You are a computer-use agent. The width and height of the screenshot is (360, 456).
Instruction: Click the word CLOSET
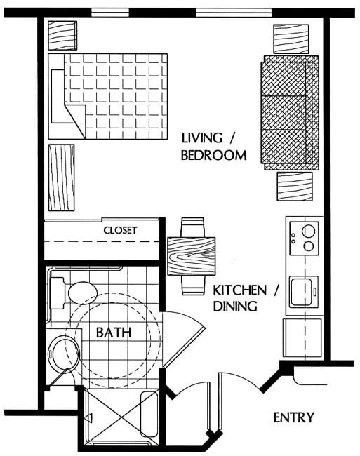pos(120,230)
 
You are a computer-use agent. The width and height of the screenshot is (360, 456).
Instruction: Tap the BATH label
pos(114,333)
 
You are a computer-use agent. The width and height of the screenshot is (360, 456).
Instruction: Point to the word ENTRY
pos(294,417)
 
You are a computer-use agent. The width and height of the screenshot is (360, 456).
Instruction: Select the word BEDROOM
pos(214,155)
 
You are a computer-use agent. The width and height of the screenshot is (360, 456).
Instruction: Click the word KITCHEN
pos(240,290)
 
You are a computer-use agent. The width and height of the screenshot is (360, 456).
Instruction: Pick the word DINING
pos(235,306)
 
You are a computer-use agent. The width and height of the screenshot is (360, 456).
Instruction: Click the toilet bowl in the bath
pos(83,293)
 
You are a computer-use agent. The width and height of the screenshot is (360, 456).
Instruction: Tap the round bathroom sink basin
pos(64,354)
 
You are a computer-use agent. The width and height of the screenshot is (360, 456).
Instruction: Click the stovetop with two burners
pos(304,239)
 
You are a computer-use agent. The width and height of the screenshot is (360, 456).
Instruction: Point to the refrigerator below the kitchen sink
pos(302,338)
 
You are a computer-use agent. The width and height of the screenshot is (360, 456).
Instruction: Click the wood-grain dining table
pos(192,256)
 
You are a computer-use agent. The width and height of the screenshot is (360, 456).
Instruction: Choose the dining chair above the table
pos(192,227)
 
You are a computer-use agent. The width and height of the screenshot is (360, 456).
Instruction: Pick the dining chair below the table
pos(192,285)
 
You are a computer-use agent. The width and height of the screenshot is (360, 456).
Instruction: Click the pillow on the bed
pos(58,97)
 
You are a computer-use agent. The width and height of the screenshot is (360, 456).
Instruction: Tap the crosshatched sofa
pos(290,113)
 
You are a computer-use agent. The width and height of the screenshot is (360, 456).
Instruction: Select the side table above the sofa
pos(291,39)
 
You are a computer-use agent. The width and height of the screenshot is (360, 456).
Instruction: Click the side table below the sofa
pos(295,187)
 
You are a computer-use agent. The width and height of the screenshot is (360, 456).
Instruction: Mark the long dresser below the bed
pos(61,177)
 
